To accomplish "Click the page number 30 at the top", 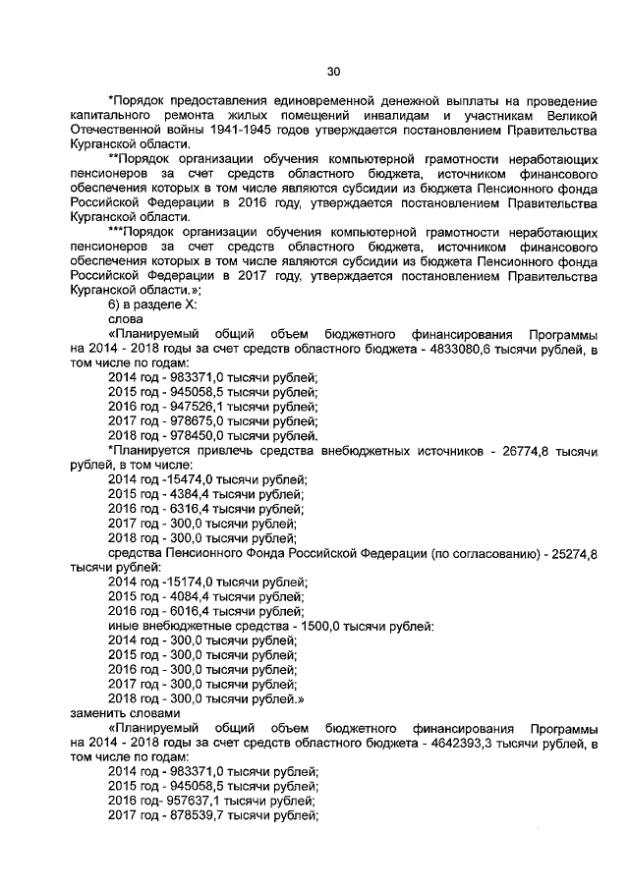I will click(x=333, y=71).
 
